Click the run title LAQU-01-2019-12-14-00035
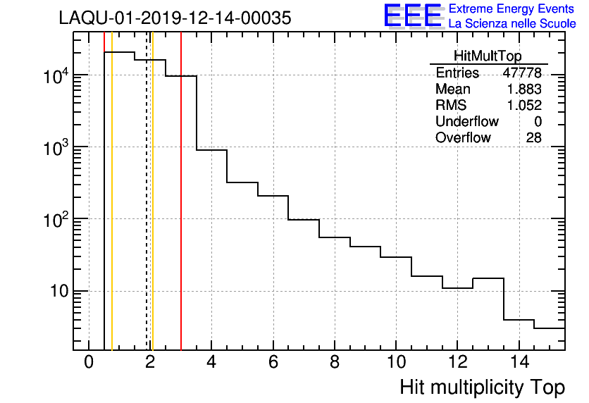[x=175, y=18]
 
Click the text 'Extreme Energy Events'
[x=512, y=8]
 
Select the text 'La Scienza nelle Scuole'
[x=512, y=23]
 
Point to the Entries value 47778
[x=522, y=73]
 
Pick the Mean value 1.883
[x=525, y=89]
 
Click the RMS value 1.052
[x=525, y=106]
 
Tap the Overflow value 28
[x=534, y=137]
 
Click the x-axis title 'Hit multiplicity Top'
[x=482, y=387]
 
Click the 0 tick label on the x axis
[x=89, y=363]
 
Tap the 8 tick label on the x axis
[x=335, y=363]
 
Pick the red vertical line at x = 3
[x=181, y=211]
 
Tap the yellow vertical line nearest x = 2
[x=153, y=211]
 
